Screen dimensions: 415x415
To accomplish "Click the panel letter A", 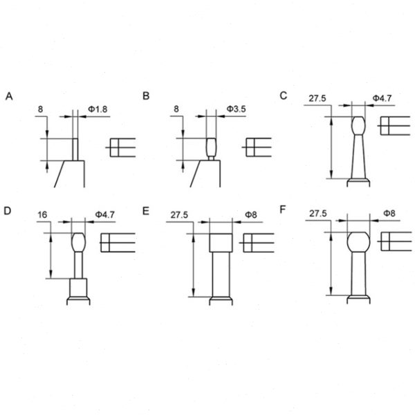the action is click(x=8, y=95).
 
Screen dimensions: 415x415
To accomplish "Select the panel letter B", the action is click(x=146, y=95).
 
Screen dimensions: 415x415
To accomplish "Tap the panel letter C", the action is click(x=284, y=95).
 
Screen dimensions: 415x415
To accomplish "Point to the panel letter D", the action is click(x=8, y=210).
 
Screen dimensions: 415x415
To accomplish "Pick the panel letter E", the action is click(x=146, y=210).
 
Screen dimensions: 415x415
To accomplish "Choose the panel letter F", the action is click(x=284, y=210).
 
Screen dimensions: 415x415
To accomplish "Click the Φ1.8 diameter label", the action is click(x=98, y=109).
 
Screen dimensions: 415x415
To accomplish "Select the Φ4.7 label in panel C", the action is click(x=382, y=99).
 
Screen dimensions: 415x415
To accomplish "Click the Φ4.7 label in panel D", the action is click(x=103, y=215).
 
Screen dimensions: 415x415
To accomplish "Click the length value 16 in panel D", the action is click(x=42, y=215).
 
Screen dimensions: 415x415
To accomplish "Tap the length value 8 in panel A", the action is click(x=41, y=109).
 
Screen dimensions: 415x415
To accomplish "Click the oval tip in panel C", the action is click(x=358, y=127).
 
